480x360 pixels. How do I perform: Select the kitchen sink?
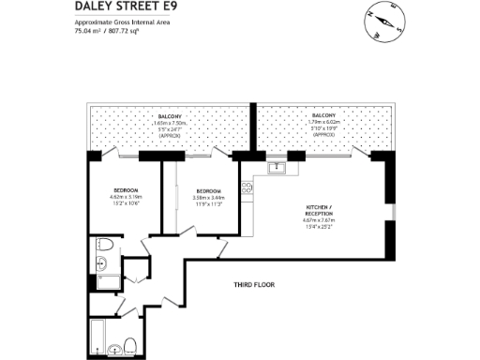(277, 169)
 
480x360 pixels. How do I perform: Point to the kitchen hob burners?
(247, 187)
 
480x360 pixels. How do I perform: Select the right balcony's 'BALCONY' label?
(322, 116)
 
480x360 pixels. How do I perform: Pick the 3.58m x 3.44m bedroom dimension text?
(207, 197)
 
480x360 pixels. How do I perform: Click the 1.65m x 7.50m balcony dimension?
(170, 123)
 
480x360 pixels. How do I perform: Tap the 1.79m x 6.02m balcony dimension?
(322, 123)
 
